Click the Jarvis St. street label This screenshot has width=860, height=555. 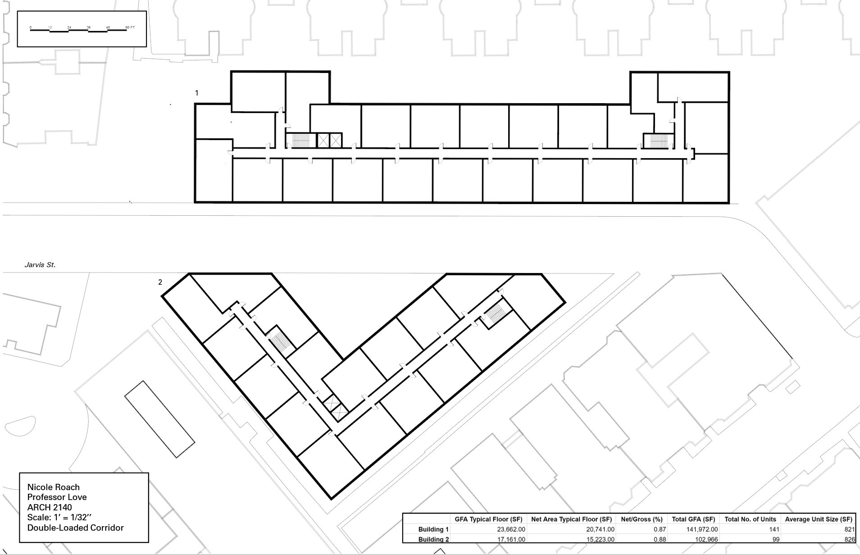[40, 265]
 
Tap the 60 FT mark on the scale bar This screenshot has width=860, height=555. [130, 27]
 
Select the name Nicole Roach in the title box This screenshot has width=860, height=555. [54, 487]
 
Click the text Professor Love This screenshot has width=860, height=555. [57, 497]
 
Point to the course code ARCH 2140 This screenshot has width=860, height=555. [50, 507]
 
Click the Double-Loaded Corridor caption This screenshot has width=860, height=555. [75, 528]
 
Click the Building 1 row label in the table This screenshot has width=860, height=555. [433, 530]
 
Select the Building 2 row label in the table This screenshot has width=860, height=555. [433, 539]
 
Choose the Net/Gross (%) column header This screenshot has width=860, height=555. [642, 519]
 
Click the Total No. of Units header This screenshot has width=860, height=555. [750, 519]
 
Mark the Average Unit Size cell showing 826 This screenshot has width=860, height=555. [849, 539]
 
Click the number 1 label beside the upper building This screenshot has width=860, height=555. [196, 93]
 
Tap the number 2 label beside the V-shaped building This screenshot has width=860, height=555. [160, 282]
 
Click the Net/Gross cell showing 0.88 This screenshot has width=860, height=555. [660, 539]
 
